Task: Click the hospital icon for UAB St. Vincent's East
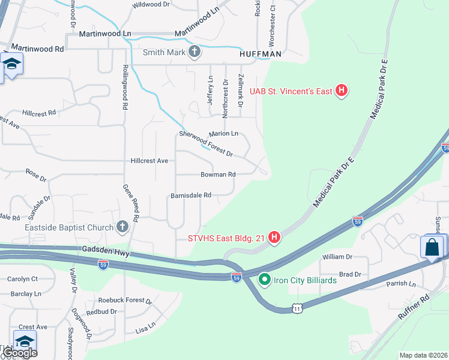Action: pyautogui.click(x=342, y=91)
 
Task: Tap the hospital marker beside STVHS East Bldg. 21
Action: pyautogui.click(x=274, y=238)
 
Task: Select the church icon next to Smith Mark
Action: pyautogui.click(x=194, y=52)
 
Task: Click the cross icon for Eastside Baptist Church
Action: pyautogui.click(x=122, y=227)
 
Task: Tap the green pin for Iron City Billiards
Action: pyautogui.click(x=263, y=280)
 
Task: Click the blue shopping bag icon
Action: pyautogui.click(x=432, y=247)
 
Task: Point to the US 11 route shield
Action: pyautogui.click(x=297, y=308)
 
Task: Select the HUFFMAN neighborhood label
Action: pyautogui.click(x=260, y=54)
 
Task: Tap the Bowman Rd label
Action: pyautogui.click(x=218, y=175)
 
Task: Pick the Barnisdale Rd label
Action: pyautogui.click(x=191, y=195)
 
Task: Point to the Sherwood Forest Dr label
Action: pyautogui.click(x=205, y=144)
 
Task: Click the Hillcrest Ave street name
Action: pyautogui.click(x=149, y=161)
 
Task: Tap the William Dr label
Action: pyautogui.click(x=337, y=257)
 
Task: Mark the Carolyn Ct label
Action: pyautogui.click(x=22, y=279)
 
